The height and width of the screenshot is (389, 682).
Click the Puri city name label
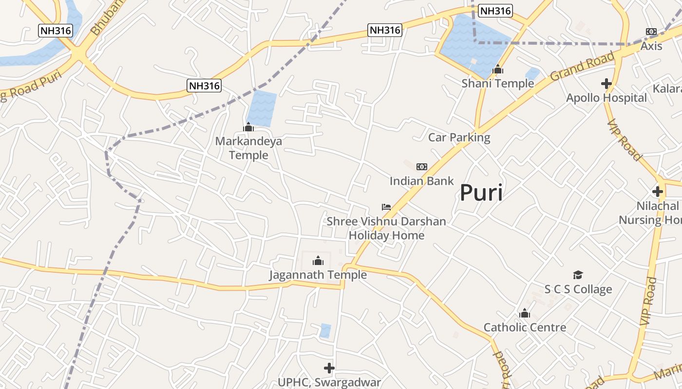tap(481, 193)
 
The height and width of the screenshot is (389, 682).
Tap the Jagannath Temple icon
tap(318, 261)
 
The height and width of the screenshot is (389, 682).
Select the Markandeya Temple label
tap(248, 148)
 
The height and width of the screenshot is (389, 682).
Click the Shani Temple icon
tap(498, 70)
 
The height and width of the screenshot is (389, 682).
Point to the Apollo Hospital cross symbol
tap(606, 84)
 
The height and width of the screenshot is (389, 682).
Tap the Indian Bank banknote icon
tap(421, 167)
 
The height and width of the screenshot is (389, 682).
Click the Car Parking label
tap(459, 137)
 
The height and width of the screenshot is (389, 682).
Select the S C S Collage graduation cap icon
tap(578, 275)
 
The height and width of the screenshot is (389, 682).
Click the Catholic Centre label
tap(525, 327)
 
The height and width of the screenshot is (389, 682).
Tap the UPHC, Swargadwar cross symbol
tap(329, 368)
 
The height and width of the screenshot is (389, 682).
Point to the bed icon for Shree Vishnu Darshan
tap(386, 207)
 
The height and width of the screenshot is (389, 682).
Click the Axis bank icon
tap(651, 32)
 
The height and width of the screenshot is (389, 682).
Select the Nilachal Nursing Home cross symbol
tap(658, 192)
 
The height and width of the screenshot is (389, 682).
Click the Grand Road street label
tap(582, 67)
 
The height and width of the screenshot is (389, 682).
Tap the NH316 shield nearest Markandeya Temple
tap(204, 86)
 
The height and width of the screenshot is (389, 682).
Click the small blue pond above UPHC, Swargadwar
tap(325, 331)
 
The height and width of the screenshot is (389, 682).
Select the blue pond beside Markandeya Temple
tap(263, 108)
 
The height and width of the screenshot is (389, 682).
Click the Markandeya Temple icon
tap(248, 127)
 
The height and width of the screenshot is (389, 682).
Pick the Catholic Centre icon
tap(525, 313)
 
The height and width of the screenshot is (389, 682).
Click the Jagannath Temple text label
tap(318, 275)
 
